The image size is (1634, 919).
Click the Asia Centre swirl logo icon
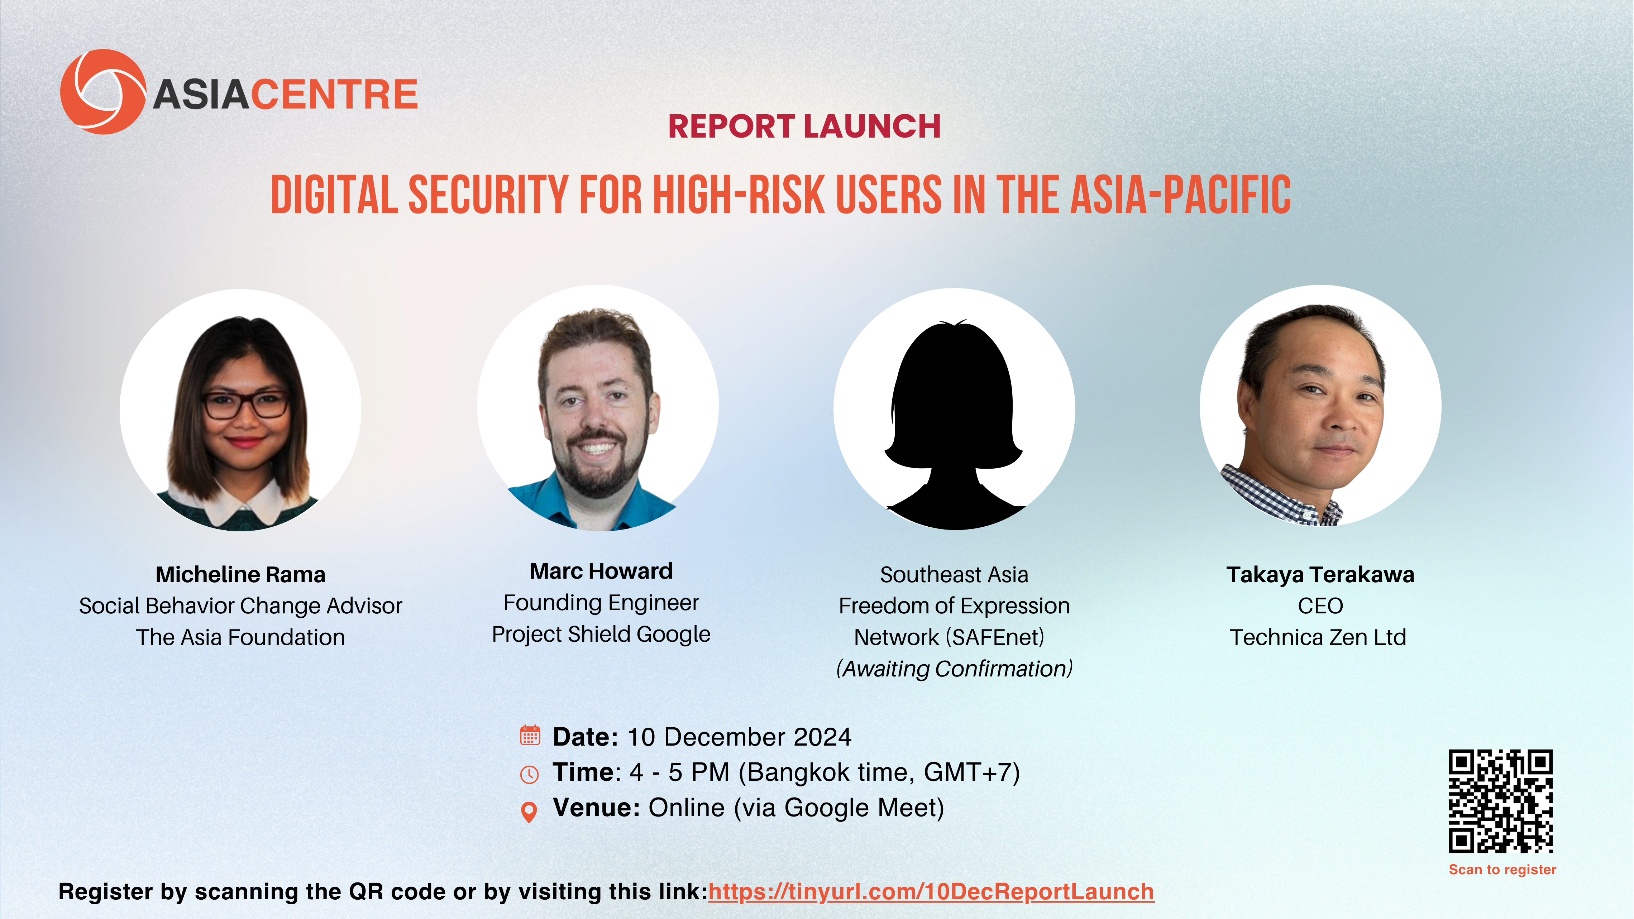(103, 92)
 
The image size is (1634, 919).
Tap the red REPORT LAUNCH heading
(804, 126)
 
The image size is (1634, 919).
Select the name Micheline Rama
(240, 575)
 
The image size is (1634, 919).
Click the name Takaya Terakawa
(1320, 575)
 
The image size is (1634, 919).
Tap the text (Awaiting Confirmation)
(954, 669)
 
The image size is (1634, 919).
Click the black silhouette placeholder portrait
(954, 425)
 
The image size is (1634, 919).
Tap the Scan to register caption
(1502, 870)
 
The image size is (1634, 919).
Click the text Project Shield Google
(601, 634)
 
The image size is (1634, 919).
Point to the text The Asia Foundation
(240, 637)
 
